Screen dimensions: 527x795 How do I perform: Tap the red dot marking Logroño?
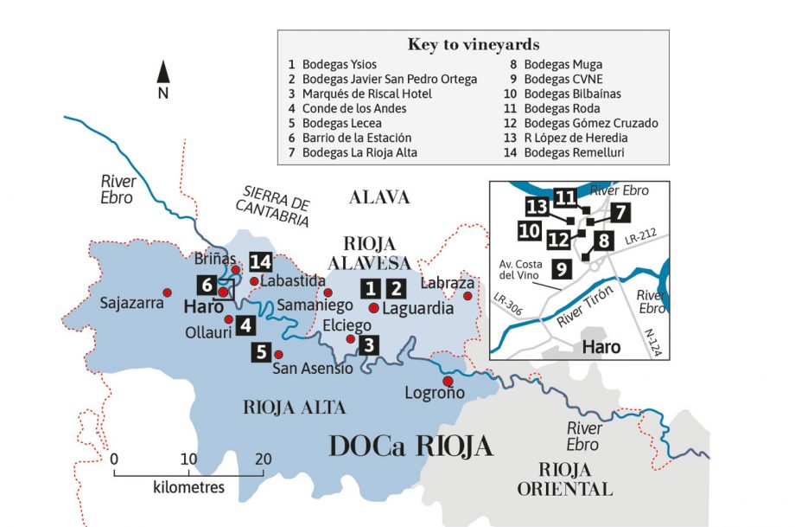pos(448,381)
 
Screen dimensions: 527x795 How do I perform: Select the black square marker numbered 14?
pos(260,260)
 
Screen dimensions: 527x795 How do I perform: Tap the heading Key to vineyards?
pos(473,44)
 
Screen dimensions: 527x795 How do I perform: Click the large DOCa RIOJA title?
pos(410,446)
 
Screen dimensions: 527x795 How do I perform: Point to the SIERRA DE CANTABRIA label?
pos(275,205)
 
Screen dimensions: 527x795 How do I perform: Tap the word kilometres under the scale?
pos(188,487)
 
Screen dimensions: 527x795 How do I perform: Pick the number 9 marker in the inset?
pos(561,269)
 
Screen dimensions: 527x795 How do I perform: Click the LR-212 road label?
pos(642,234)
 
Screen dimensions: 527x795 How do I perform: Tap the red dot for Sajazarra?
pos(167,292)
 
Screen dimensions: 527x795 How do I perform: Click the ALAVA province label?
pos(378,197)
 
